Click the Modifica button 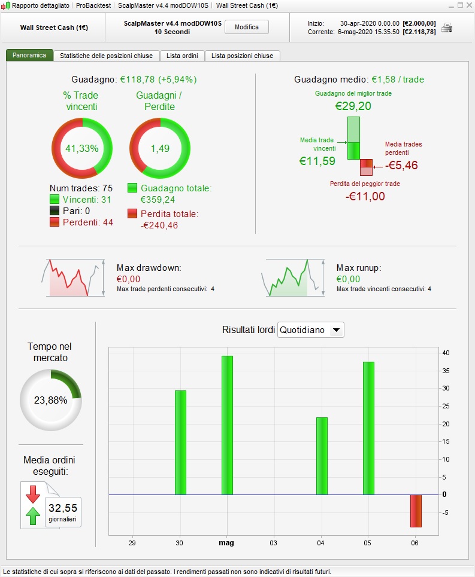pyautogui.click(x=247, y=28)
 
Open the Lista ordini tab pyautogui.click(x=182, y=56)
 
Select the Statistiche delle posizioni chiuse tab pyautogui.click(x=106, y=56)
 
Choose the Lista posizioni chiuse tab pyautogui.click(x=242, y=56)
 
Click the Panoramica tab pyautogui.click(x=29, y=56)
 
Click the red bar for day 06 pyautogui.click(x=416, y=511)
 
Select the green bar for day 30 pyautogui.click(x=180, y=442)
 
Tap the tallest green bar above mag pyautogui.click(x=227, y=425)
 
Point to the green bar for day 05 pyautogui.click(x=368, y=428)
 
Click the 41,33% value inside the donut pyautogui.click(x=81, y=148)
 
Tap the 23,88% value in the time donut pyautogui.click(x=50, y=401)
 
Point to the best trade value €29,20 pyautogui.click(x=353, y=106)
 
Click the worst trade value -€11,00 pyautogui.click(x=365, y=196)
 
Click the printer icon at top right pyautogui.click(x=447, y=28)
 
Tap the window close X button pyautogui.click(x=468, y=5)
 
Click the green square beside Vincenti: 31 pyautogui.click(x=55, y=199)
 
